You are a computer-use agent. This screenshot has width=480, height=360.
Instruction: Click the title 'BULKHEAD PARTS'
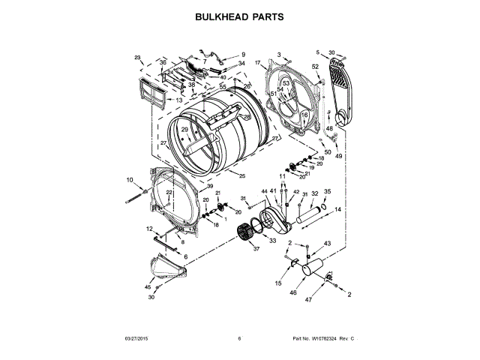click(x=239, y=16)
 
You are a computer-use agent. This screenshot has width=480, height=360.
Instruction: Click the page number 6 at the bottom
click(x=239, y=339)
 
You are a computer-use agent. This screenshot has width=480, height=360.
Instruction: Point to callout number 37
click(x=256, y=249)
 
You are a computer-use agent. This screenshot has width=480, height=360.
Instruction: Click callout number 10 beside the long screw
click(x=129, y=180)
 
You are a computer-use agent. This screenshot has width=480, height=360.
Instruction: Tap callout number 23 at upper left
click(x=137, y=58)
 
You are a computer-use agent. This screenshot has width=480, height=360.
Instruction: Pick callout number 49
click(x=338, y=156)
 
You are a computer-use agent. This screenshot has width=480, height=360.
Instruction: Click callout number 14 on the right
click(x=337, y=209)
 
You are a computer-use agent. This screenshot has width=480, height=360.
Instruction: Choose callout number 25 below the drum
click(x=241, y=175)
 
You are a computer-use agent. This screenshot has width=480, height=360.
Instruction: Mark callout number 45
click(x=148, y=286)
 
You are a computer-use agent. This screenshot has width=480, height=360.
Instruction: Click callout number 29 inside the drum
click(x=184, y=130)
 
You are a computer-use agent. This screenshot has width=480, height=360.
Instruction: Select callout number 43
click(x=327, y=244)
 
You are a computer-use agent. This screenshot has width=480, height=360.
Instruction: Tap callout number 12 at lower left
click(x=149, y=229)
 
